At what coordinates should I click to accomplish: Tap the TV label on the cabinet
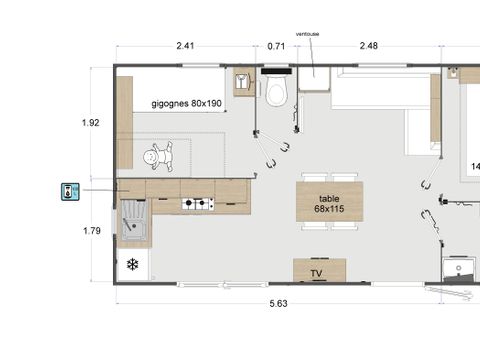tap(316, 273)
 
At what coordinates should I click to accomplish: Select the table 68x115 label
tap(329, 203)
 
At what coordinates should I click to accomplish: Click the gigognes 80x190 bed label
tap(186, 103)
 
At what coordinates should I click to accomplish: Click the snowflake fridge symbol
tap(132, 265)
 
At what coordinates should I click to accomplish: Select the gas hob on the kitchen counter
tap(197, 205)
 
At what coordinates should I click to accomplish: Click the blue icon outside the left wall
tap(68, 190)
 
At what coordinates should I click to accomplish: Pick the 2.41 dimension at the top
tap(185, 45)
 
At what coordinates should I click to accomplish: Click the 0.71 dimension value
tap(277, 45)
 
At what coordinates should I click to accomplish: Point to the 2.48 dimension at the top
tap(368, 45)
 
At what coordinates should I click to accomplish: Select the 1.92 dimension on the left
tap(90, 123)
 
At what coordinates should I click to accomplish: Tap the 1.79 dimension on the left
tap(90, 231)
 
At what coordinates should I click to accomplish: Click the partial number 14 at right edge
tap(474, 166)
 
